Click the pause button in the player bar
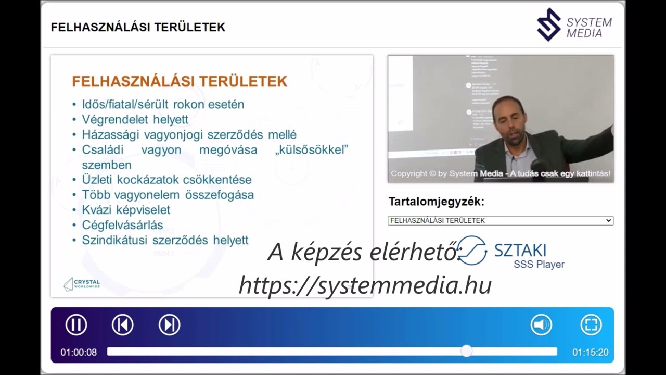[76, 325]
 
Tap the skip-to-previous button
[123, 325]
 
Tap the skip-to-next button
[170, 325]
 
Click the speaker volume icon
[541, 325]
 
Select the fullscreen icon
[591, 325]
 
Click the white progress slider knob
[467, 352]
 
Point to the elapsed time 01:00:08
[79, 353]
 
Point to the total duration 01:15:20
[591, 353]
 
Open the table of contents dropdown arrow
[609, 221]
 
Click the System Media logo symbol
[549, 24]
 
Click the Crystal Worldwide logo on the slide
[82, 284]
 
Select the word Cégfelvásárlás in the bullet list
[122, 226]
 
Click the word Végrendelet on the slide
[115, 120]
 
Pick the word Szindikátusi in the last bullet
[114, 240]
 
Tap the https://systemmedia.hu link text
[365, 285]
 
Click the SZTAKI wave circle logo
[472, 251]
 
